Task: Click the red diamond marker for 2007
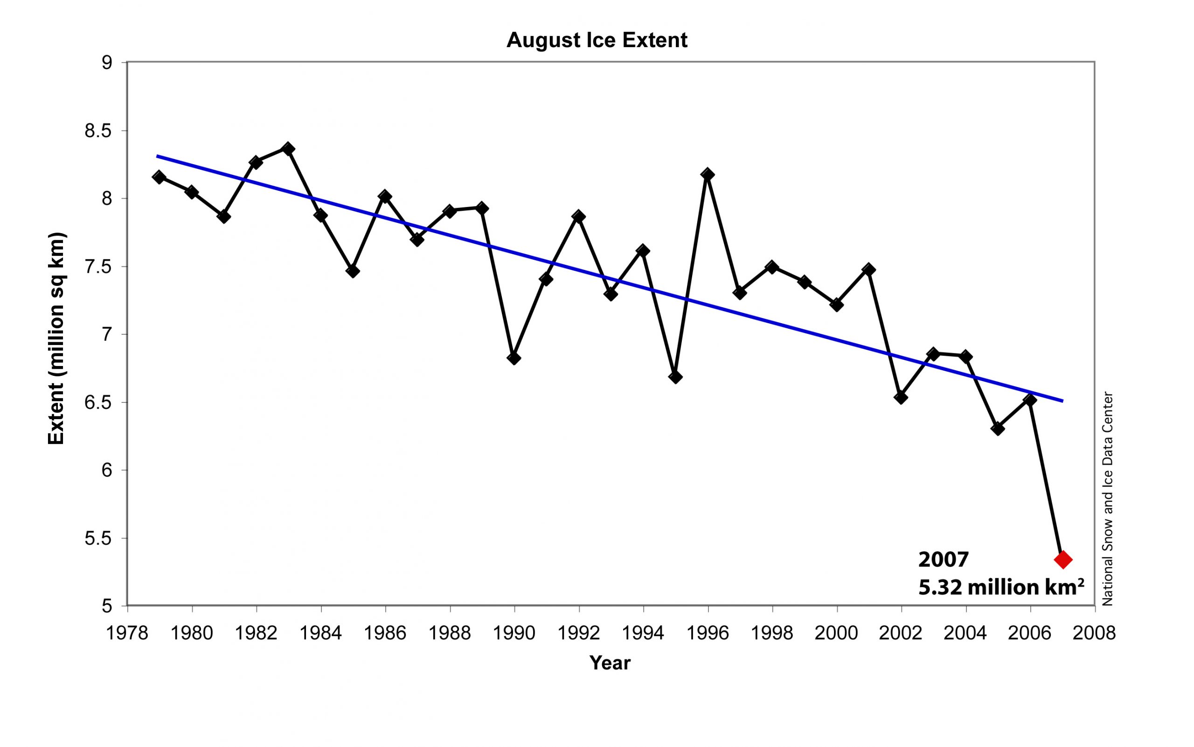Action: (1062, 559)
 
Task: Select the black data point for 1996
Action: (708, 174)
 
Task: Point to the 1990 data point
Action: (514, 358)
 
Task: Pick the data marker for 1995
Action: (675, 377)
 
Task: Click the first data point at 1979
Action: (159, 177)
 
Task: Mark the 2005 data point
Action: (998, 429)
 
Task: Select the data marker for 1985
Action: (352, 271)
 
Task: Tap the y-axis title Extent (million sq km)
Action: (56, 339)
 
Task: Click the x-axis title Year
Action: (610, 663)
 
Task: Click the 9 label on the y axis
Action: (107, 63)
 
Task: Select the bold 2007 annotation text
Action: (944, 560)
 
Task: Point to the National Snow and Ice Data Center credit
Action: (1108, 499)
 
